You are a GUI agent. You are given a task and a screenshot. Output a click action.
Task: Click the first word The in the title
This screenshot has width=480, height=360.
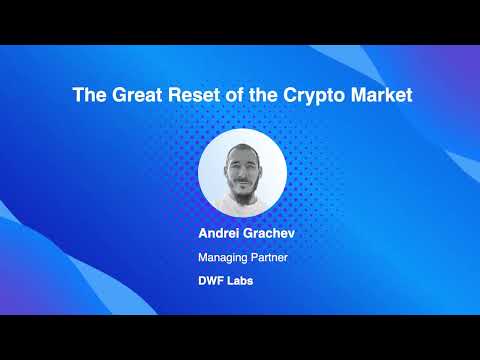[x=87, y=96]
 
